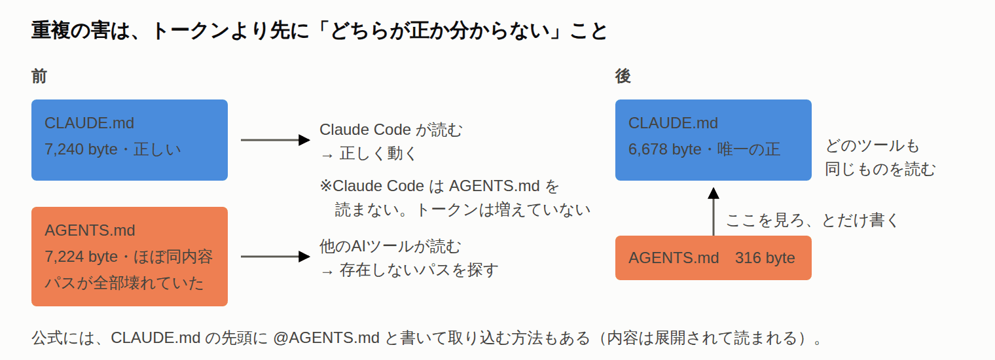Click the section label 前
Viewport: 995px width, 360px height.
(x=39, y=77)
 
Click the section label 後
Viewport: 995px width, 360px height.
(x=623, y=77)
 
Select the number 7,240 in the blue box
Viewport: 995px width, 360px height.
(x=64, y=149)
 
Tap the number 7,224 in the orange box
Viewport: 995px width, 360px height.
(x=64, y=257)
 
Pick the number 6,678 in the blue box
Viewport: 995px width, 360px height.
(x=648, y=149)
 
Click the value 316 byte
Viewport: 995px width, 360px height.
(x=765, y=258)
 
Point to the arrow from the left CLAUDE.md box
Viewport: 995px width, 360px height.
(x=276, y=140)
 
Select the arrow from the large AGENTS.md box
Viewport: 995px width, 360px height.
(x=276, y=257)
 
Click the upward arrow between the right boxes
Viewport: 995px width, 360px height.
(x=714, y=211)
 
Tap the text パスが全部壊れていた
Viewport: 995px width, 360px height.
(x=124, y=283)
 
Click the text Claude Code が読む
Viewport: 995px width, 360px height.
(x=391, y=130)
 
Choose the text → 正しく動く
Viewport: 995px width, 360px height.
(x=369, y=154)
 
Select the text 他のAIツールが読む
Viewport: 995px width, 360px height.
(x=390, y=246)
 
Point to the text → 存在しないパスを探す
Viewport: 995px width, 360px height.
(x=409, y=270)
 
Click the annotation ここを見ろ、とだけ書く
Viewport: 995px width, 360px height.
(x=812, y=220)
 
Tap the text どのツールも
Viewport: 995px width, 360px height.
(x=873, y=145)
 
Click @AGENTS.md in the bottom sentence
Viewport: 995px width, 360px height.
(x=327, y=338)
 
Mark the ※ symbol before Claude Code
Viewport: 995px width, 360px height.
(x=326, y=186)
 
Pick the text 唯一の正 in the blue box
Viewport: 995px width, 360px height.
(x=748, y=149)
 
